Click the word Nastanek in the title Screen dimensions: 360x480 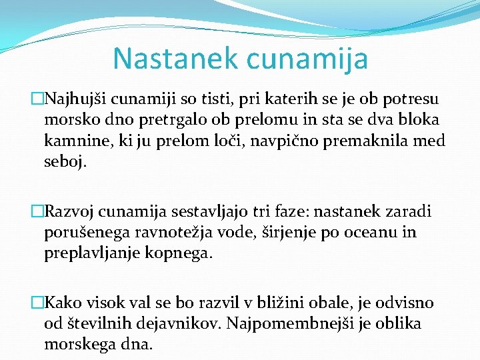tap(175, 58)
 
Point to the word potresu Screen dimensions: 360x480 tap(413, 100)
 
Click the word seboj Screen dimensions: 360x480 tap(65, 162)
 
